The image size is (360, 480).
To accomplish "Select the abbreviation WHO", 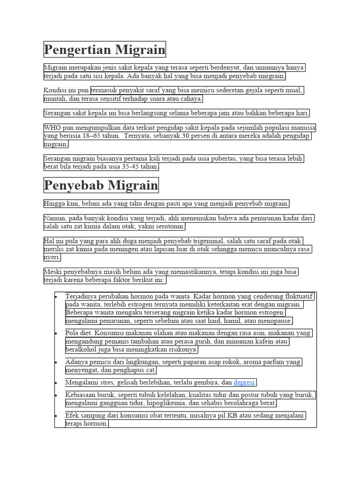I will click(52, 127).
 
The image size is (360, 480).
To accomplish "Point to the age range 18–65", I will click(89, 136).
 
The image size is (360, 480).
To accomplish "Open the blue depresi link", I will click(244, 382).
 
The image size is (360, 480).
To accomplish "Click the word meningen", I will click(124, 250).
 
